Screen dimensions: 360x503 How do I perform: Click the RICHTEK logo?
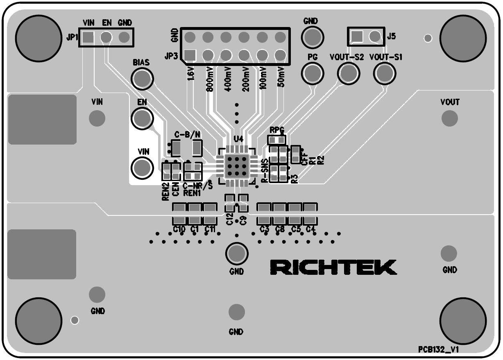333,267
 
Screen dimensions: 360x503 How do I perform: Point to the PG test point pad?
313,74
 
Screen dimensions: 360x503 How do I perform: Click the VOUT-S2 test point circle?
348,74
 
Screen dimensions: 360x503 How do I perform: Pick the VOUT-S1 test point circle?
385,74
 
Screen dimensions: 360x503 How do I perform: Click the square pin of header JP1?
88,38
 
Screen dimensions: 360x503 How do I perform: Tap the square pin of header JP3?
190,55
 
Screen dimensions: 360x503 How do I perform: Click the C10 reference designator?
179,229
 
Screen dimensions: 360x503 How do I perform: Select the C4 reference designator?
310,229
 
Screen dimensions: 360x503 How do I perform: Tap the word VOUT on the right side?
449,102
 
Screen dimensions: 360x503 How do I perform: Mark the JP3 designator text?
172,56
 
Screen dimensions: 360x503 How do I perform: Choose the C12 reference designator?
229,219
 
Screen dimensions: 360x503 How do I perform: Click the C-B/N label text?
187,134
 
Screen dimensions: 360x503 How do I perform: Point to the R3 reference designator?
294,179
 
